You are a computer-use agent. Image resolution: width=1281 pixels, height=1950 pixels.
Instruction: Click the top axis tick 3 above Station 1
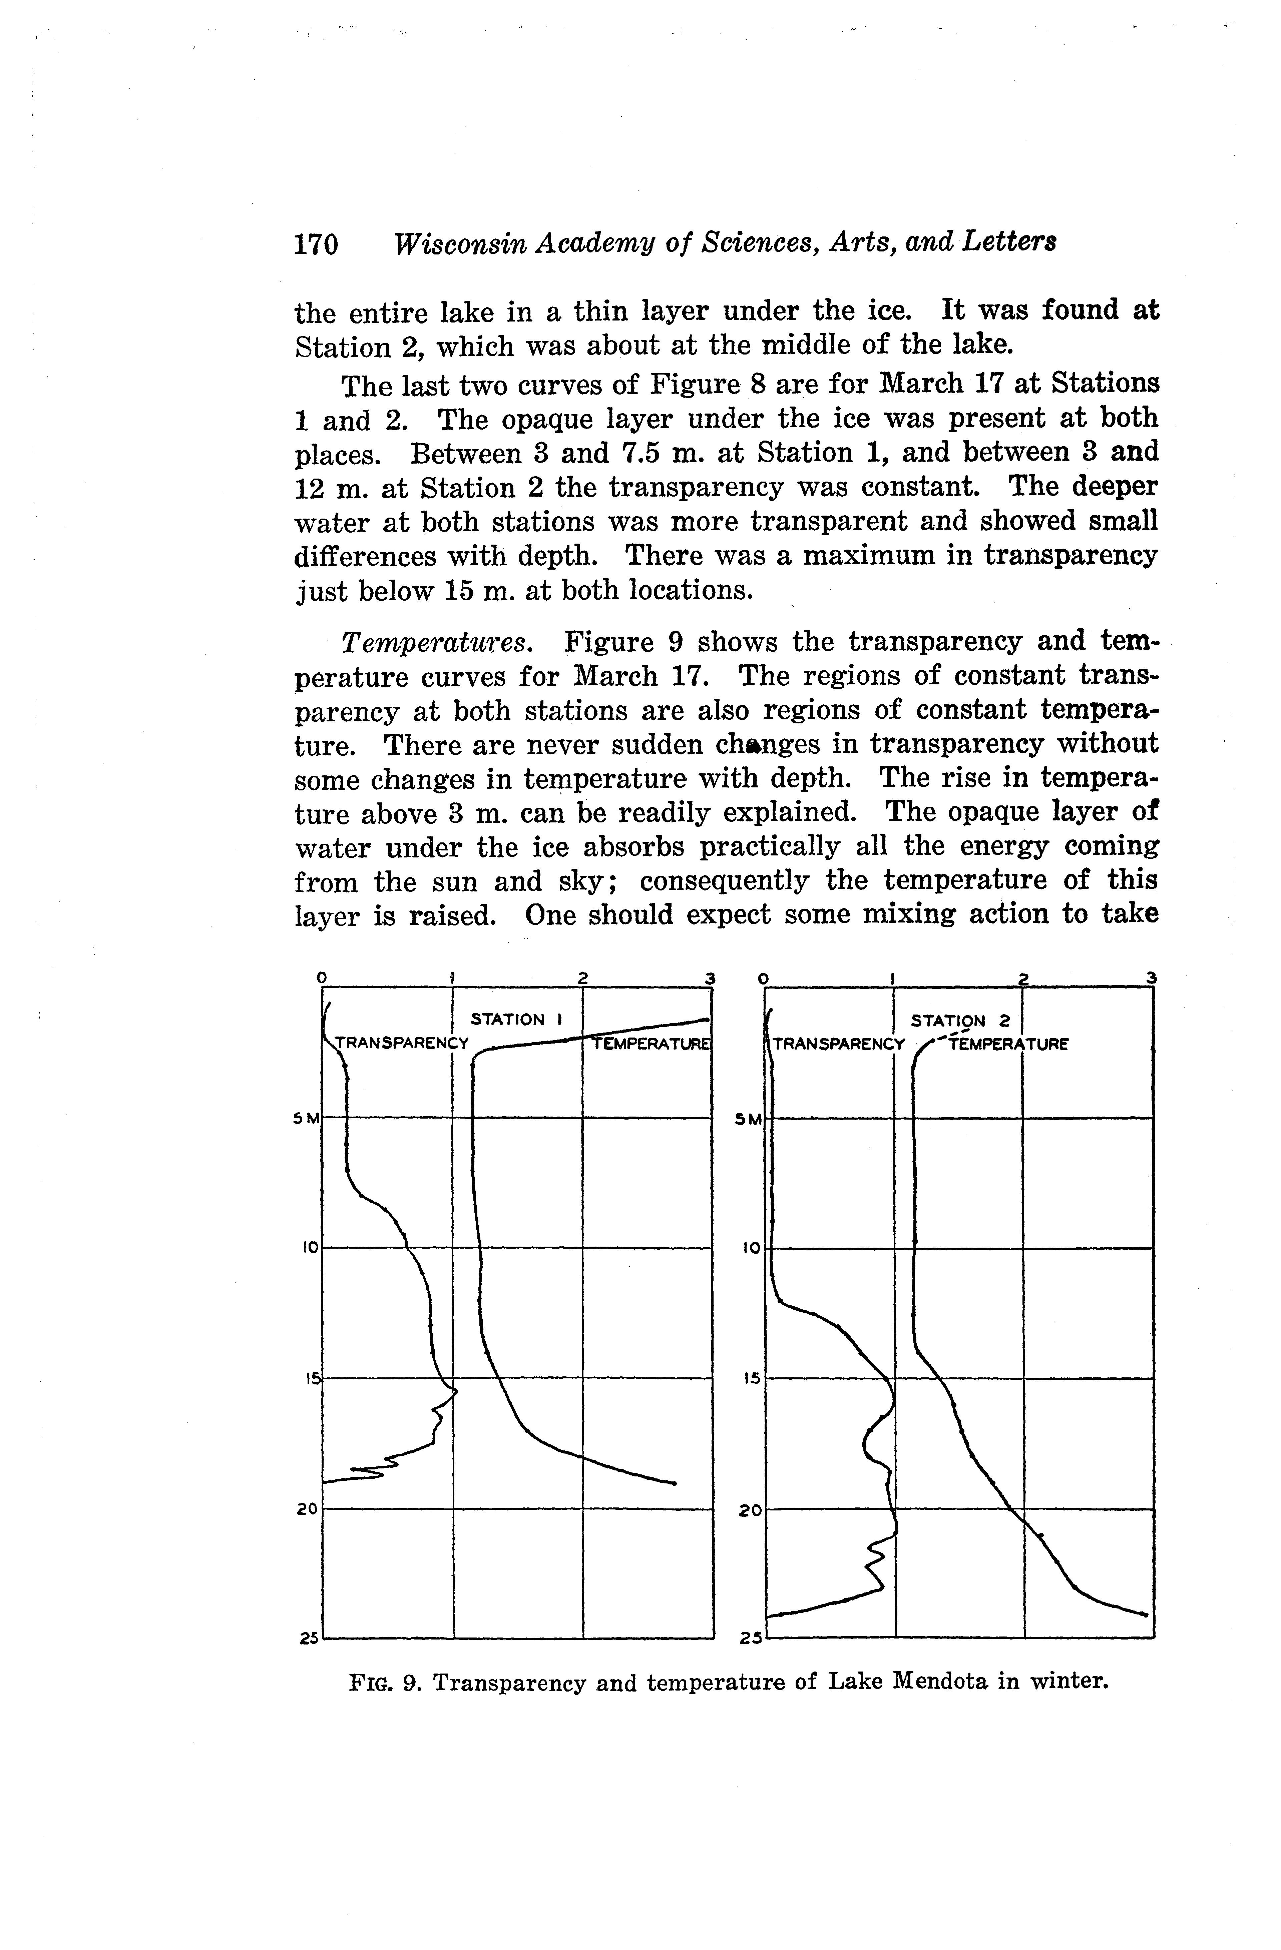(710, 978)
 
